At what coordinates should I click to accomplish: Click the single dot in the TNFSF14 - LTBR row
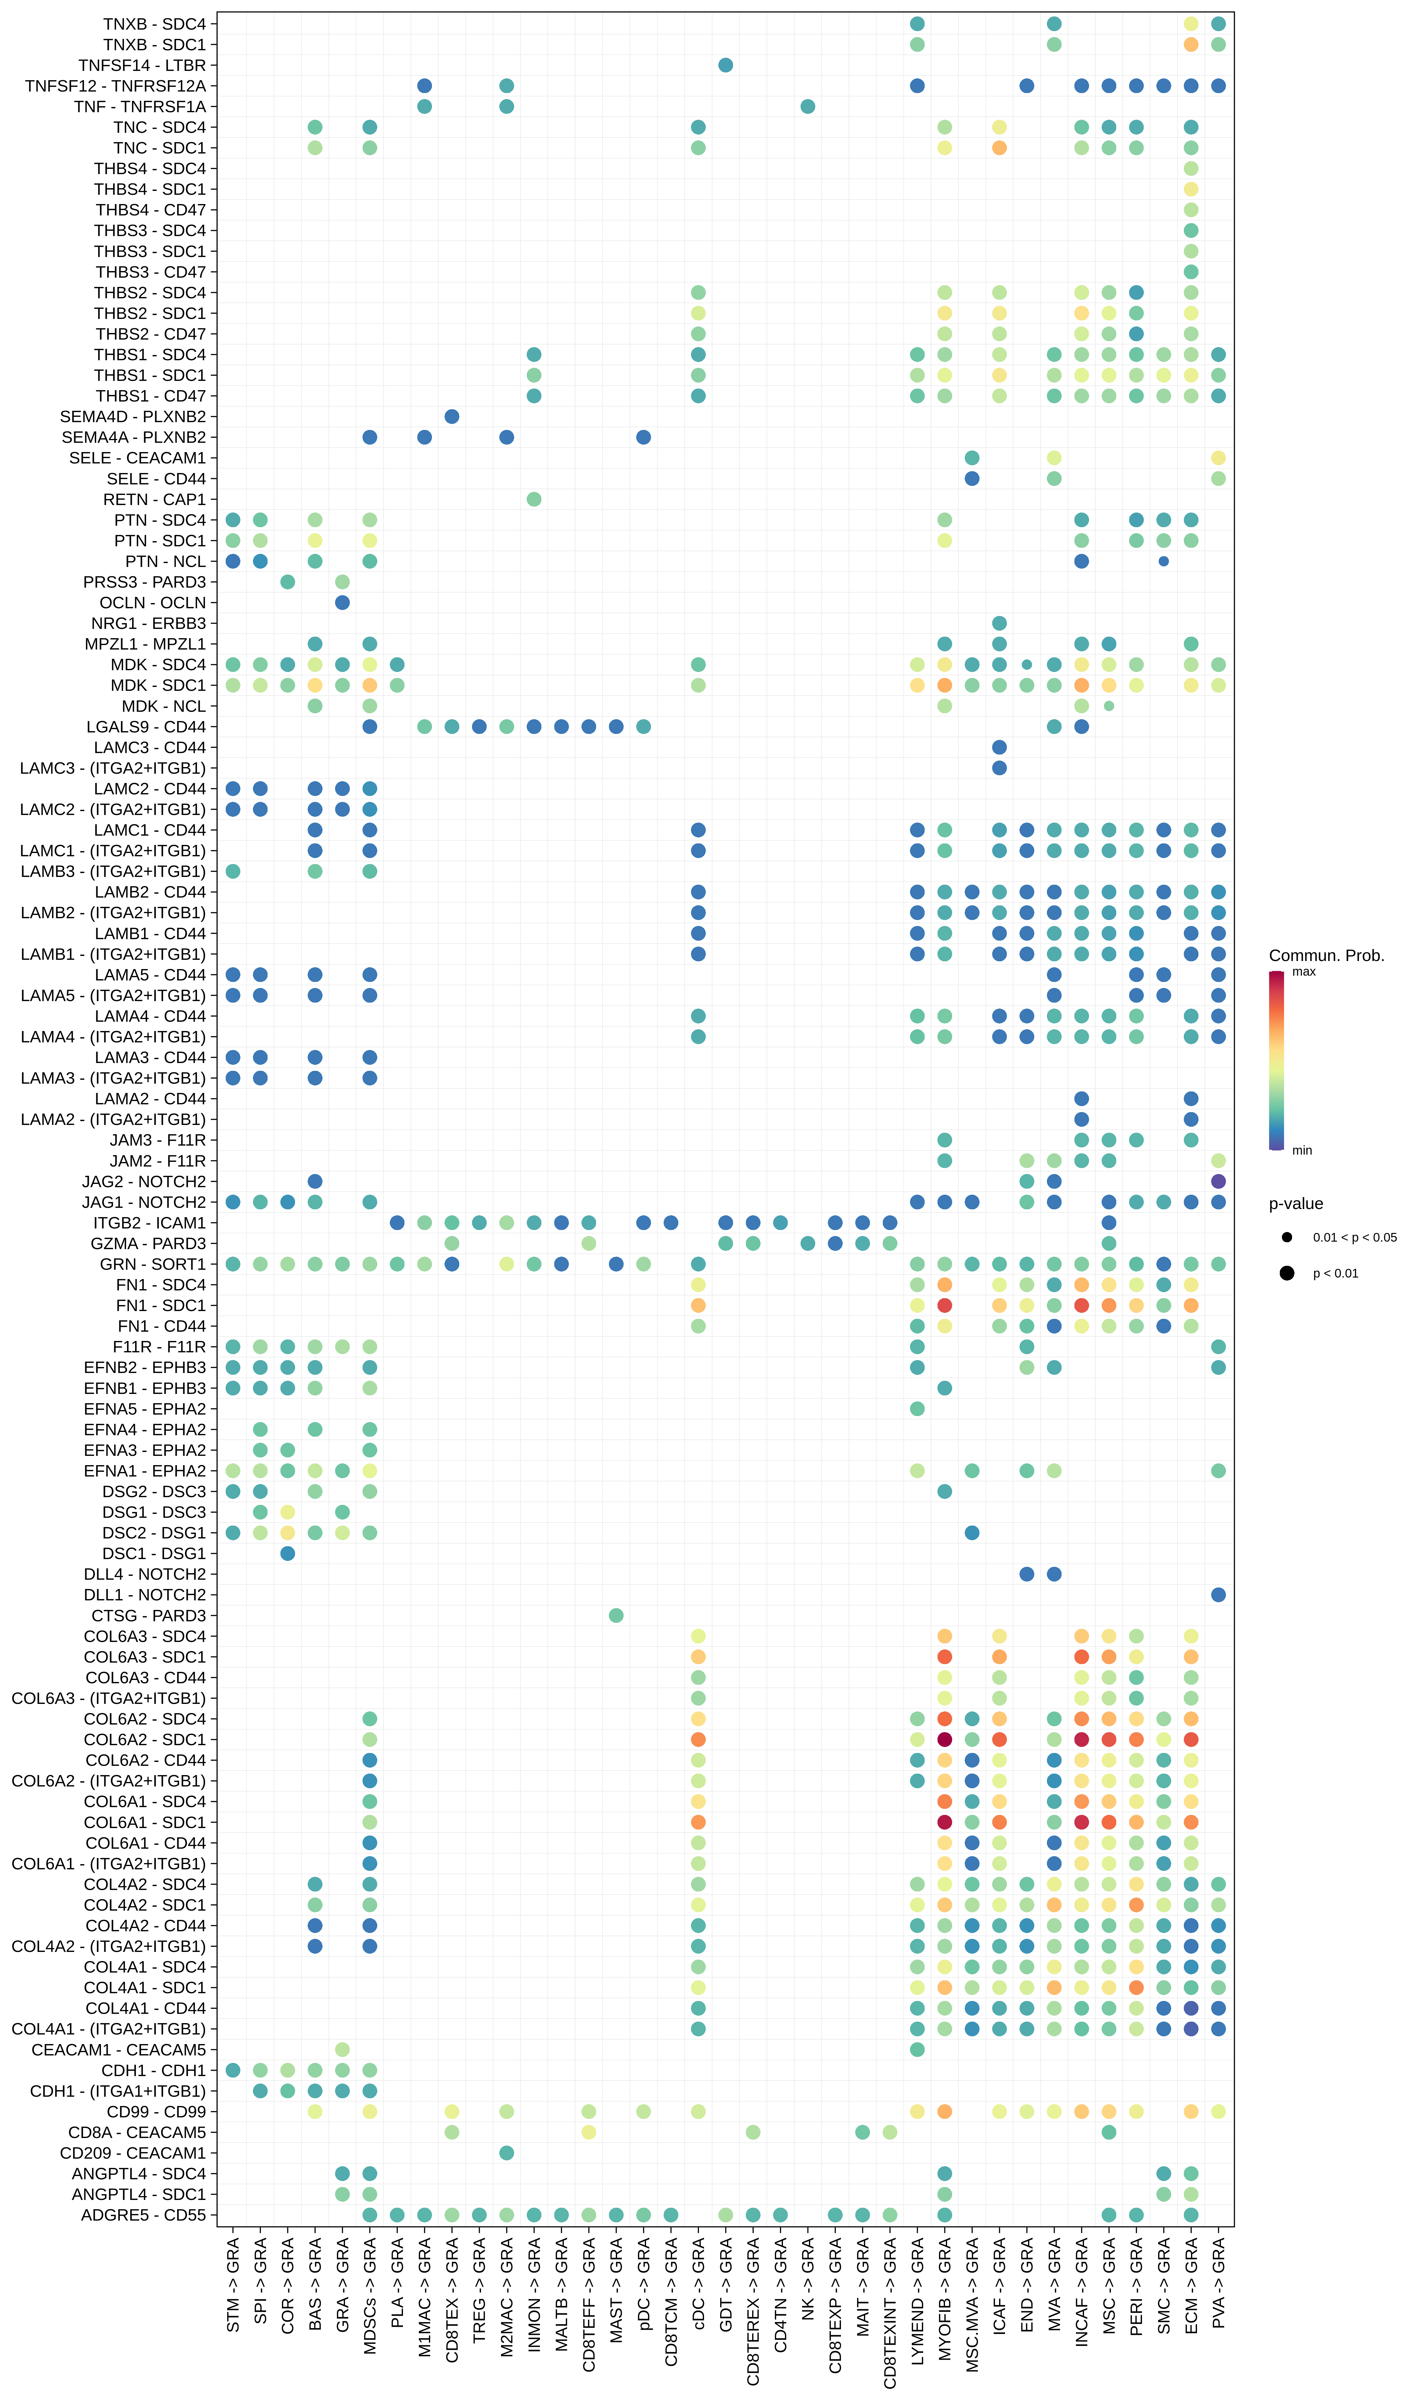(x=725, y=65)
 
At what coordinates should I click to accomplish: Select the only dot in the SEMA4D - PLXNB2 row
(x=452, y=416)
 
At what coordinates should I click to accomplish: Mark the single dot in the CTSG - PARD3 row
(x=616, y=1616)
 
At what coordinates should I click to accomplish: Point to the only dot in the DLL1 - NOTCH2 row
(x=1218, y=1595)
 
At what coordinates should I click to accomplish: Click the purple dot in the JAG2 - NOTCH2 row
(x=1218, y=1182)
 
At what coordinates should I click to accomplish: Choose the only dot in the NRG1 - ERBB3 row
(x=999, y=623)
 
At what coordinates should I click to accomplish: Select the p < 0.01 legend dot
(x=1287, y=1273)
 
